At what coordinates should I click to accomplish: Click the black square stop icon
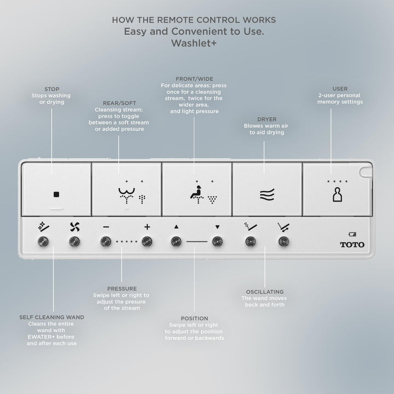[56, 194]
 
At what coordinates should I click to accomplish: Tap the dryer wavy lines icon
[267, 195]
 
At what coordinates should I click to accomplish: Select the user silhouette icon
[338, 194]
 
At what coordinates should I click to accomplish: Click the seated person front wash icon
[197, 194]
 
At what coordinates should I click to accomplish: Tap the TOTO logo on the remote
[352, 245]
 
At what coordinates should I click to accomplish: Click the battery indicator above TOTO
[352, 234]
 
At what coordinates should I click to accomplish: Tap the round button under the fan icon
[74, 242]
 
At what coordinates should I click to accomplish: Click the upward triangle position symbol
[176, 227]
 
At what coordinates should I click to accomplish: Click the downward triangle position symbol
[217, 227]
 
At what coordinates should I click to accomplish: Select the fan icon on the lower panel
[75, 227]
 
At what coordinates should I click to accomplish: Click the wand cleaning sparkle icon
[43, 227]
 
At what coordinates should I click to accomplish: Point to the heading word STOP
[52, 89]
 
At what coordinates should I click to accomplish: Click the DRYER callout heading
[266, 119]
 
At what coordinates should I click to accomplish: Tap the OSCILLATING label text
[265, 292]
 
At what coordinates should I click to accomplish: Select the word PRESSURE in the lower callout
[122, 288]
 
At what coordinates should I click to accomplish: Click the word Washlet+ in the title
[194, 43]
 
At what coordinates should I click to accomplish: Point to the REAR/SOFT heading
[119, 103]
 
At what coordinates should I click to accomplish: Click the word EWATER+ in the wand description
[41, 337]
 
